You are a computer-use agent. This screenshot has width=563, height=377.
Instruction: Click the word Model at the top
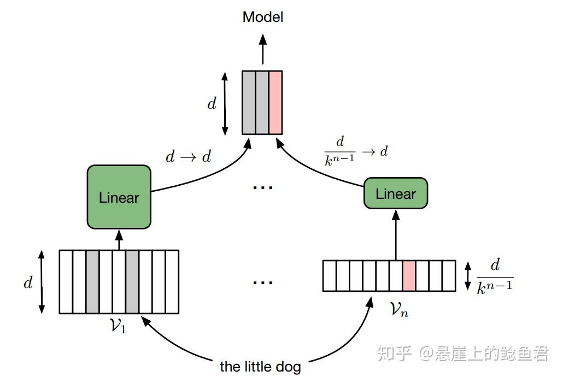tap(263, 17)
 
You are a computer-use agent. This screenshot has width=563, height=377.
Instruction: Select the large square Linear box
tap(119, 197)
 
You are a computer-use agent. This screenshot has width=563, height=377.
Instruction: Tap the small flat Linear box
tap(396, 193)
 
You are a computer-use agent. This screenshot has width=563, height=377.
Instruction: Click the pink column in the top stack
tap(275, 102)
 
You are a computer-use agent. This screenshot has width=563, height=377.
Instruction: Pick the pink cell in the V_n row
tap(409, 276)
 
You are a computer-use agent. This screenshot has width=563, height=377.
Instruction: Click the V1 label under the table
tap(118, 326)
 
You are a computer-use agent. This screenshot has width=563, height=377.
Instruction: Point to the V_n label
tap(398, 309)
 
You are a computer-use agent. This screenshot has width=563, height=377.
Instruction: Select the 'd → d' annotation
tap(189, 157)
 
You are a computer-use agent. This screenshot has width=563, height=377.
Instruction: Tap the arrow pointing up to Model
tap(263, 49)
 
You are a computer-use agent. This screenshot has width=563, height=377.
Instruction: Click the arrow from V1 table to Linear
tap(119, 240)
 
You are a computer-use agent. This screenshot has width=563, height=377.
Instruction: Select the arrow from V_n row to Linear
tap(396, 235)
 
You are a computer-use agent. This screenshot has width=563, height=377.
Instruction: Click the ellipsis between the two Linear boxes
tap(263, 187)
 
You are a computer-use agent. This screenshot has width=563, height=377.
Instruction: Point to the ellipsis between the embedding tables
tap(263, 282)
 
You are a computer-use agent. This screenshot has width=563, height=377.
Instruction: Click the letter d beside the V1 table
tap(28, 282)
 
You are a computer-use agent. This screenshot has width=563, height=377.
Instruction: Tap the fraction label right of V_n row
tap(495, 277)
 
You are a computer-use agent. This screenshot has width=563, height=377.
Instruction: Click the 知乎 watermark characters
tap(394, 354)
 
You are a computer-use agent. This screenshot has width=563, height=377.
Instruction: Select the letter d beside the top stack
tap(212, 103)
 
